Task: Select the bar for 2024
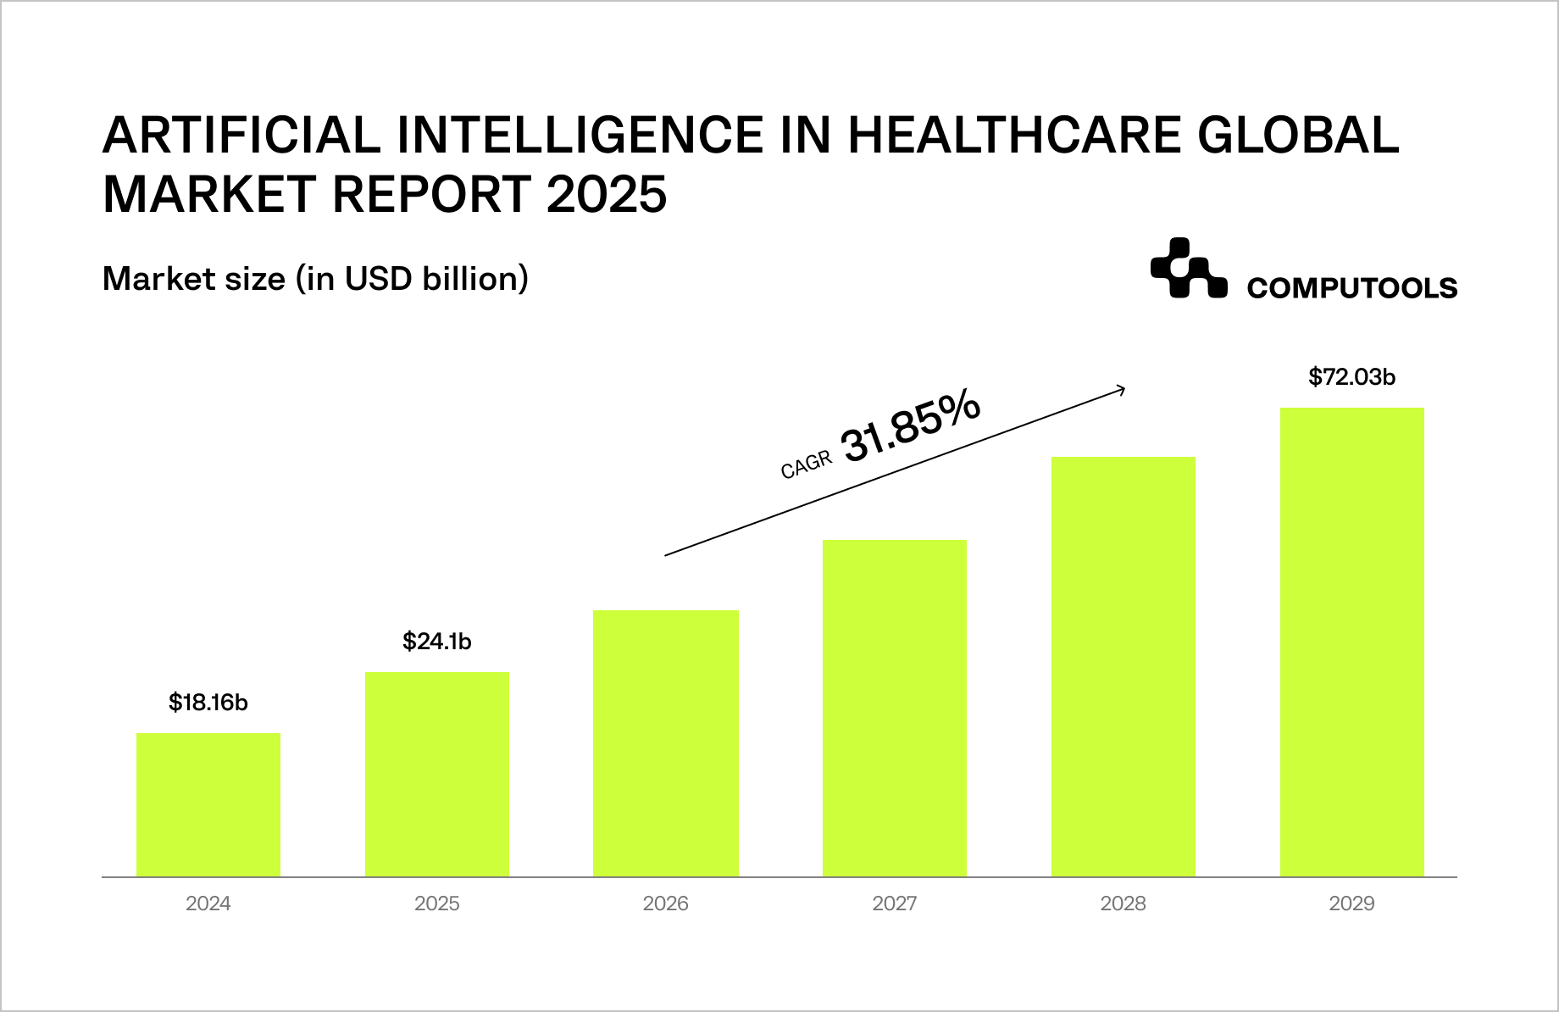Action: (x=208, y=804)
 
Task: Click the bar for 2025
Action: (x=437, y=774)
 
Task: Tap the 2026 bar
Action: (x=666, y=742)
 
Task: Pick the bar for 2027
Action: (x=895, y=708)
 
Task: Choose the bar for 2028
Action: (x=1123, y=666)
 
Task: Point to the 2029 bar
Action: (x=1352, y=642)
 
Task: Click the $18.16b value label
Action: (x=208, y=703)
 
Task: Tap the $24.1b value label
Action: (x=437, y=642)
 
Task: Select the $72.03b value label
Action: (x=1352, y=377)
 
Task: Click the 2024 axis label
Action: (x=208, y=904)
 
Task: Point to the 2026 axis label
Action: (x=666, y=904)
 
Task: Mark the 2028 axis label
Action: (x=1123, y=904)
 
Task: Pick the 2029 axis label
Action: (x=1352, y=904)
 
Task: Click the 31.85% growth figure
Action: (x=911, y=428)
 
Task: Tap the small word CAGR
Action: (x=806, y=465)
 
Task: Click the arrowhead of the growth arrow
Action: (x=1122, y=390)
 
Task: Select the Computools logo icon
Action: (x=1188, y=269)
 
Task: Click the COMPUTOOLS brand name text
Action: (x=1352, y=288)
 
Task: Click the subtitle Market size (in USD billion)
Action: (x=315, y=279)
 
